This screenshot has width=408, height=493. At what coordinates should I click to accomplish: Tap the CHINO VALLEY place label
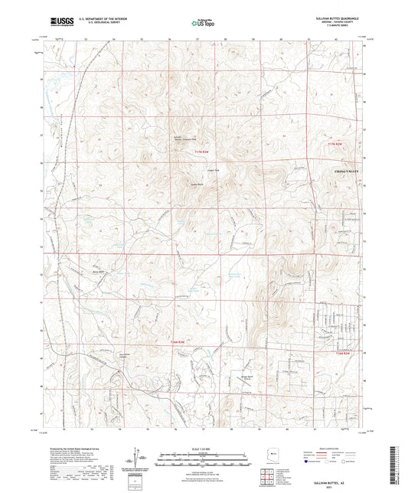pyautogui.click(x=347, y=173)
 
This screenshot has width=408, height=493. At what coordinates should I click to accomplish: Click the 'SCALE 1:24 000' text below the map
pyautogui.click(x=204, y=449)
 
